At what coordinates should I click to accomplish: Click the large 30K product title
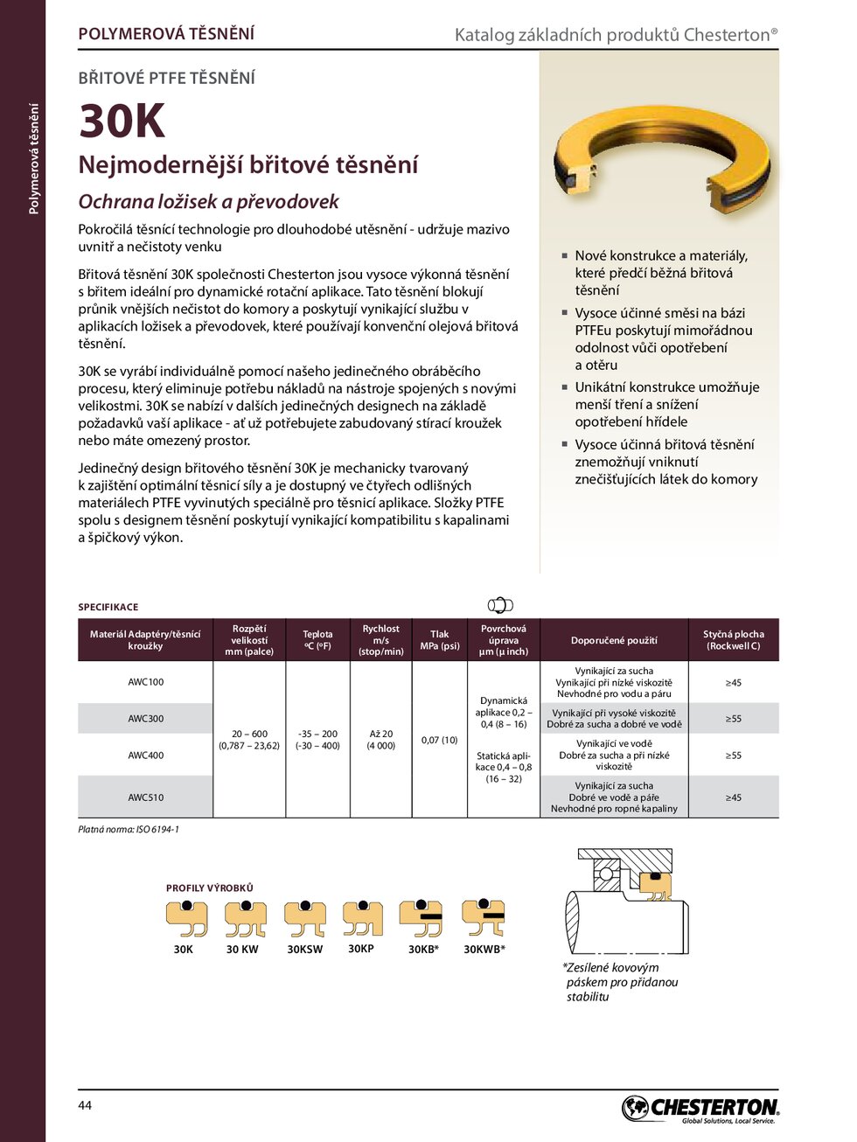(x=122, y=121)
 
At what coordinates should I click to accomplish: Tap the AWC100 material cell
(x=146, y=682)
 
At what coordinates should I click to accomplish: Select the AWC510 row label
(x=146, y=797)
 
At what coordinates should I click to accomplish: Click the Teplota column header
(x=317, y=640)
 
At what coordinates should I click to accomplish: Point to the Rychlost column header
(x=380, y=640)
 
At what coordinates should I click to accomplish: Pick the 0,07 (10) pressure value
(x=439, y=740)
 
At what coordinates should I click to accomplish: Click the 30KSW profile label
(x=304, y=950)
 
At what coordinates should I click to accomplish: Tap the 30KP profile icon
(x=362, y=918)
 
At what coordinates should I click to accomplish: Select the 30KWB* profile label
(x=484, y=950)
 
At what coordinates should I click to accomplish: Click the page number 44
(x=85, y=1105)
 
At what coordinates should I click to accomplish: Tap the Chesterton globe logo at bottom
(x=636, y=1108)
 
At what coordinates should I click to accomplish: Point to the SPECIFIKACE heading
(x=108, y=607)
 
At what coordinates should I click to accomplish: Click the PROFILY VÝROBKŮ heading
(x=210, y=888)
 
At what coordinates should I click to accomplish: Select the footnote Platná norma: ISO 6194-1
(x=129, y=829)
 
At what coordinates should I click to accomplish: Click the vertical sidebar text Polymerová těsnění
(x=34, y=158)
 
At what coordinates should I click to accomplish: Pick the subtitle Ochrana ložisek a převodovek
(x=208, y=202)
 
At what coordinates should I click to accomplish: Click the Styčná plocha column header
(x=733, y=640)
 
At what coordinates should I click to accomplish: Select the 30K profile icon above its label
(x=186, y=918)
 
